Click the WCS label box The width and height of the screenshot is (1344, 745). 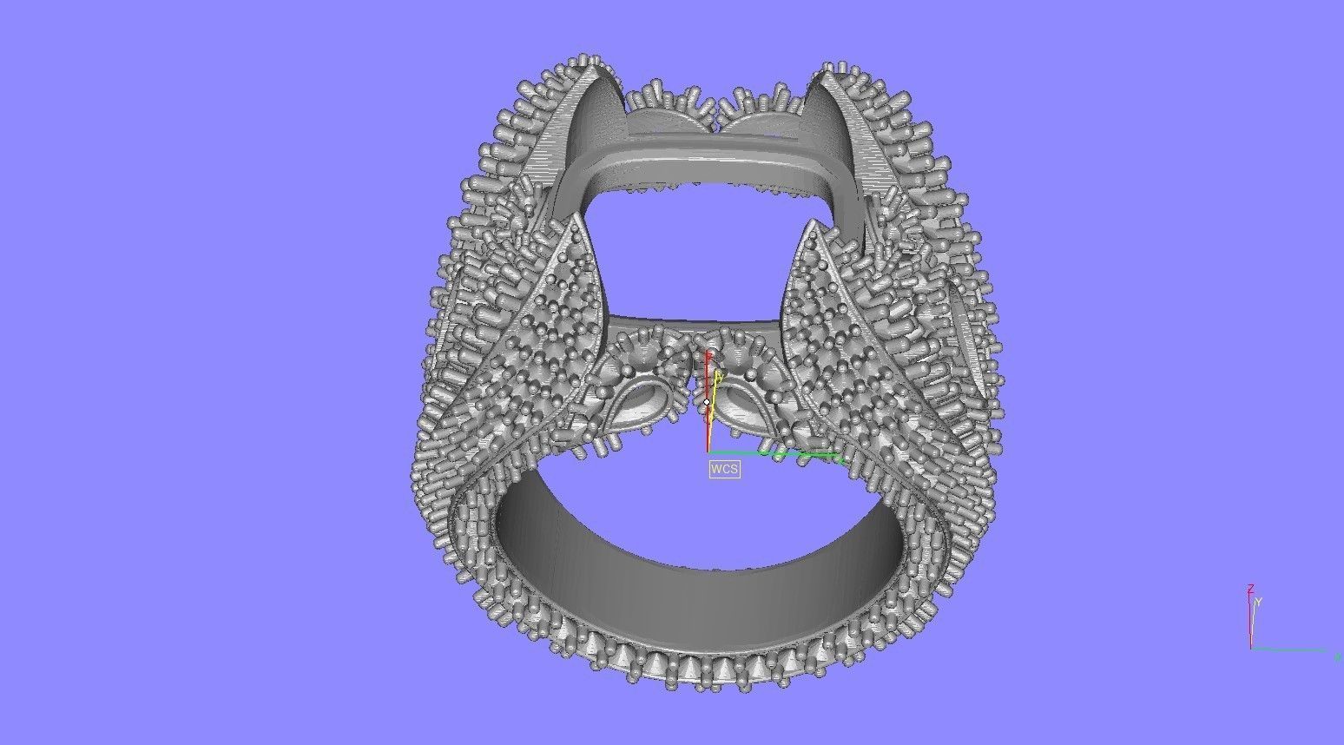coord(725,469)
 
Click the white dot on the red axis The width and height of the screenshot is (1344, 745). coord(708,402)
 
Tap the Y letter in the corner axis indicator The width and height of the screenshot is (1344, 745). coord(1257,602)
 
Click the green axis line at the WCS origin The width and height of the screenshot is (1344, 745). coord(773,453)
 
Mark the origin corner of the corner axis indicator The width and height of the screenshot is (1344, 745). coord(1251,648)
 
